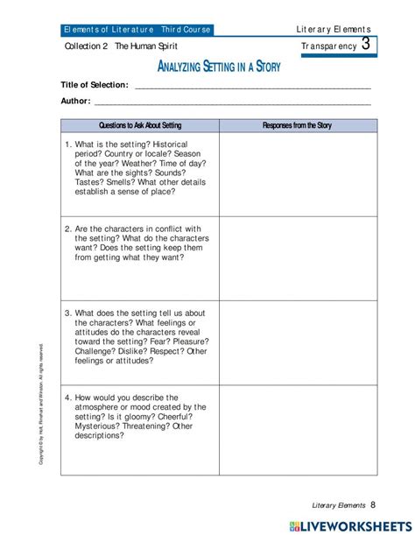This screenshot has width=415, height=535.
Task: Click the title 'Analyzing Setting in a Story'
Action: tap(218, 67)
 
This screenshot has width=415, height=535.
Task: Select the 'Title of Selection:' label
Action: tap(94, 85)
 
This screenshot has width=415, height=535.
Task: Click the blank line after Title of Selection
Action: tap(252, 87)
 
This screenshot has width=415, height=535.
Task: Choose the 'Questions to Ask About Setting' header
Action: tap(139, 125)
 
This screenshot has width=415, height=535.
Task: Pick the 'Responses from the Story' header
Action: tap(298, 125)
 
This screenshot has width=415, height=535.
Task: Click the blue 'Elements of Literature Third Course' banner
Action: tap(137, 29)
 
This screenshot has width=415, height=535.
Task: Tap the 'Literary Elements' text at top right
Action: tap(334, 29)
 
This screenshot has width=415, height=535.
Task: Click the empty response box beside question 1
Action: tap(298, 173)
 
